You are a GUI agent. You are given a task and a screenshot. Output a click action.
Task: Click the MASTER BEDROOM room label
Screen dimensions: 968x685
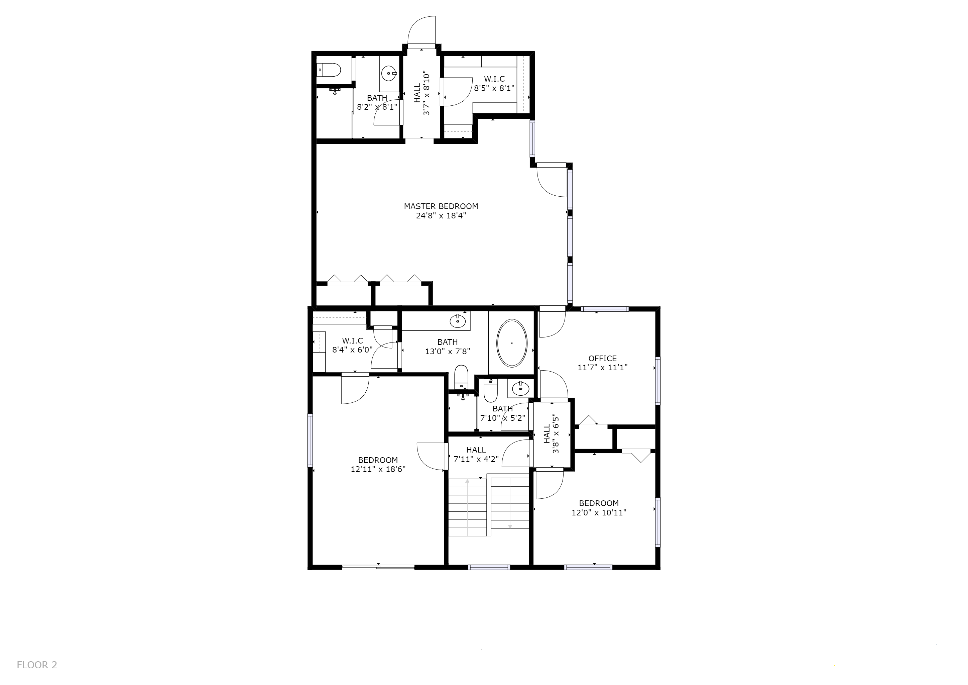tap(441, 206)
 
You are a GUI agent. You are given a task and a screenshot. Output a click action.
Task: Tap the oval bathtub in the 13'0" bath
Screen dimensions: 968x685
tap(512, 343)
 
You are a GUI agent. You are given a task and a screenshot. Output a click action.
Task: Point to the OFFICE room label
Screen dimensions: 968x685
tap(602, 359)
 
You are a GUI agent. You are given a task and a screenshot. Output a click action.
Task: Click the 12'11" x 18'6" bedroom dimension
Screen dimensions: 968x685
tap(378, 469)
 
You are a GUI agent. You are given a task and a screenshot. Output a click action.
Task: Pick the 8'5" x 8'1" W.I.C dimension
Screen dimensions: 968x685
tap(494, 88)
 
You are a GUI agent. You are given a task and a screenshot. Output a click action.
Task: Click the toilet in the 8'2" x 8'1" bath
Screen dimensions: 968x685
tap(329, 70)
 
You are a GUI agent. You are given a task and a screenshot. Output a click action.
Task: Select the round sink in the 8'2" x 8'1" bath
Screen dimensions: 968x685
tap(389, 73)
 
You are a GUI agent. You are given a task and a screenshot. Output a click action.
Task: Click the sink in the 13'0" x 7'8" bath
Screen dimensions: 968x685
tap(458, 321)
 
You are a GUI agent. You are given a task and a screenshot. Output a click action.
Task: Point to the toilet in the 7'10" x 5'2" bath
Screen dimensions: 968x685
tap(490, 391)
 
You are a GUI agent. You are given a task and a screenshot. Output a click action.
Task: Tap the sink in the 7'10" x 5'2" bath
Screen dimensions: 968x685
tap(521, 388)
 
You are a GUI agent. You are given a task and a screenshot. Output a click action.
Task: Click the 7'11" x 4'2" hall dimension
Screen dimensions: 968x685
tap(476, 459)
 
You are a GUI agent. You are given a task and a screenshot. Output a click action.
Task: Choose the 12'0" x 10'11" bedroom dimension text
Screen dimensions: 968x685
tap(599, 512)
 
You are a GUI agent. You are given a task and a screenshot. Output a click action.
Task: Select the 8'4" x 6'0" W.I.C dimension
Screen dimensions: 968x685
tap(352, 350)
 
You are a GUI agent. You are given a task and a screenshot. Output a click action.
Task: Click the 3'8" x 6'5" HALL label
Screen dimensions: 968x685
tap(551, 433)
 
